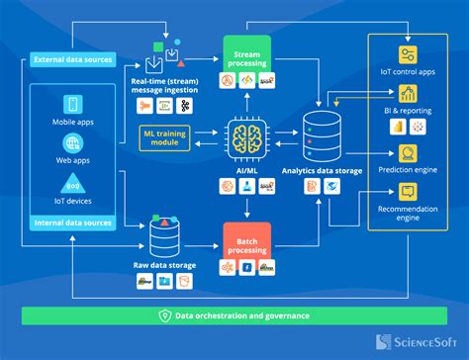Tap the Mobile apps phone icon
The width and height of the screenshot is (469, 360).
point(73,104)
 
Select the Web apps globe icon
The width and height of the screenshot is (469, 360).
point(73,143)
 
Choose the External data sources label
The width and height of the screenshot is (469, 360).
point(71,57)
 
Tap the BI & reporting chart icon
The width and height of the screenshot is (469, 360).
point(407,96)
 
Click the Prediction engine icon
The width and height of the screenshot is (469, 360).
point(407,153)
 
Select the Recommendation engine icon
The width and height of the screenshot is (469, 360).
point(407,194)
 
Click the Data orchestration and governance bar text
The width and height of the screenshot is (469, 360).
point(242,315)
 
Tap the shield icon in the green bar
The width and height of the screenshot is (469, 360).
point(164,315)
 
